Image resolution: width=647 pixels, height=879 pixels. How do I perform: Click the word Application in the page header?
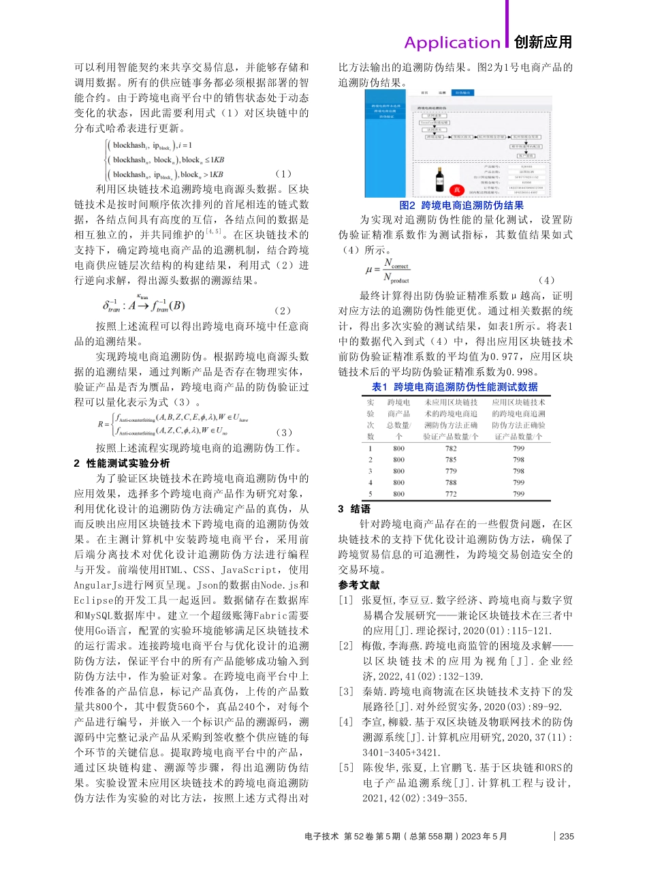(452, 42)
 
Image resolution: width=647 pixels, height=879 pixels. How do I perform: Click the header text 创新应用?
(543, 42)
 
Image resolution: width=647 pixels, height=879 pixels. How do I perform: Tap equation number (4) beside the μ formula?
(546, 280)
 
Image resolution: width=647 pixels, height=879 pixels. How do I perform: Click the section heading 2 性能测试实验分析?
(122, 463)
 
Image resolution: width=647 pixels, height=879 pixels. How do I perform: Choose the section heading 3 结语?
(355, 509)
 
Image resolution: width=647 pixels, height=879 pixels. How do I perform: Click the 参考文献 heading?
(359, 585)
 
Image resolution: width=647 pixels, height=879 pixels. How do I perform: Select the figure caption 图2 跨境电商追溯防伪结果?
(461, 205)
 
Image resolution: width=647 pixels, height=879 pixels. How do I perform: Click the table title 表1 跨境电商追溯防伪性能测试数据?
(454, 387)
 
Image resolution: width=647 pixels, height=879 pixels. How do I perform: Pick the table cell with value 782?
(451, 448)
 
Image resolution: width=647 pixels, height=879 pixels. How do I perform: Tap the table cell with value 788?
(451, 482)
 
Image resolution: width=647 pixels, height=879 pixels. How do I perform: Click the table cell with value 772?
(451, 494)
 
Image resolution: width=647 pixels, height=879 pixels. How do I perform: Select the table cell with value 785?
(451, 460)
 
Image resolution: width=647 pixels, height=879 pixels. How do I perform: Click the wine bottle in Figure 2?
(440, 179)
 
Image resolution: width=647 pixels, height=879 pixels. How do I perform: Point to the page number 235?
(567, 837)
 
